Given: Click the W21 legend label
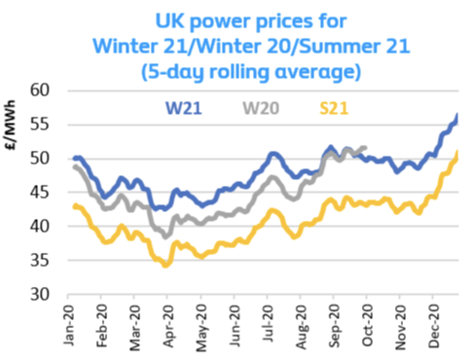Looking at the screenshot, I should coord(183,108).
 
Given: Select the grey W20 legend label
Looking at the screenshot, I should coord(261,108).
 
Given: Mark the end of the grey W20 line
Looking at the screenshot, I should coord(366,148).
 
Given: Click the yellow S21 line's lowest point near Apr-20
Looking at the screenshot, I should coord(166,266).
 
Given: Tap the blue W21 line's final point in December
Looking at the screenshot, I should coord(457,115).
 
